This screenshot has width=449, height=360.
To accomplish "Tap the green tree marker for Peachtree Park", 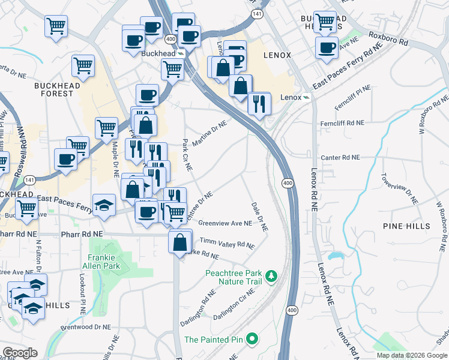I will [x=271, y=275].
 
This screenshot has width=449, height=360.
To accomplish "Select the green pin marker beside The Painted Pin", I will [x=253, y=339].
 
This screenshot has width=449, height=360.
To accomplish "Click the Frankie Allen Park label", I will [x=101, y=262].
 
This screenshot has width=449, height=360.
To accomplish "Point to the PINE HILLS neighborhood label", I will [x=406, y=226].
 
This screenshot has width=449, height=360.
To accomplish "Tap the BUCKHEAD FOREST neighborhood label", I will [x=57, y=89].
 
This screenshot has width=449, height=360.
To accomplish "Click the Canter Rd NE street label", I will [x=340, y=157].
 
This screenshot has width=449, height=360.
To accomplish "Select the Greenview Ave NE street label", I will [x=224, y=223].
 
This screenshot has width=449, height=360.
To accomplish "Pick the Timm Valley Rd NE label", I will [x=227, y=244].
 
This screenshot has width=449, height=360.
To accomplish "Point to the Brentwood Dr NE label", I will [x=86, y=328].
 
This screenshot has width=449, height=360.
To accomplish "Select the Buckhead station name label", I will [x=157, y=53].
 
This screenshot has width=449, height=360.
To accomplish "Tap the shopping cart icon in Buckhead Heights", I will [x=325, y=21].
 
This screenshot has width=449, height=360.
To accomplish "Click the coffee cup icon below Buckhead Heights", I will [x=327, y=47].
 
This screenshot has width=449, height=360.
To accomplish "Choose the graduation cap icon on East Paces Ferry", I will [x=104, y=204].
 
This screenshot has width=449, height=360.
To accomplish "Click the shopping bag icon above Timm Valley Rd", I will [x=180, y=242].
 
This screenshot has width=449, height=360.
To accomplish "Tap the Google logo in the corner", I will [x=19, y=353].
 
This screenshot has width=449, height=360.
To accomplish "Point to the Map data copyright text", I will [x=411, y=355].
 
